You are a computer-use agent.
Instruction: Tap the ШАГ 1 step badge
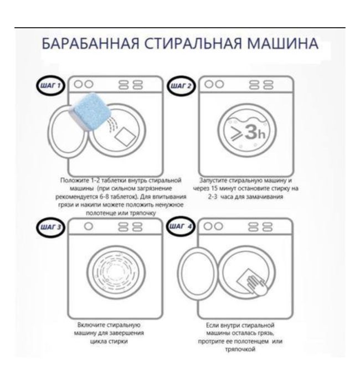point(50,86)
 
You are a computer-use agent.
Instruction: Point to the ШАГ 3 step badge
point(50,228)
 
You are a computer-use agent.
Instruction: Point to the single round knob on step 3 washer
point(87,226)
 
